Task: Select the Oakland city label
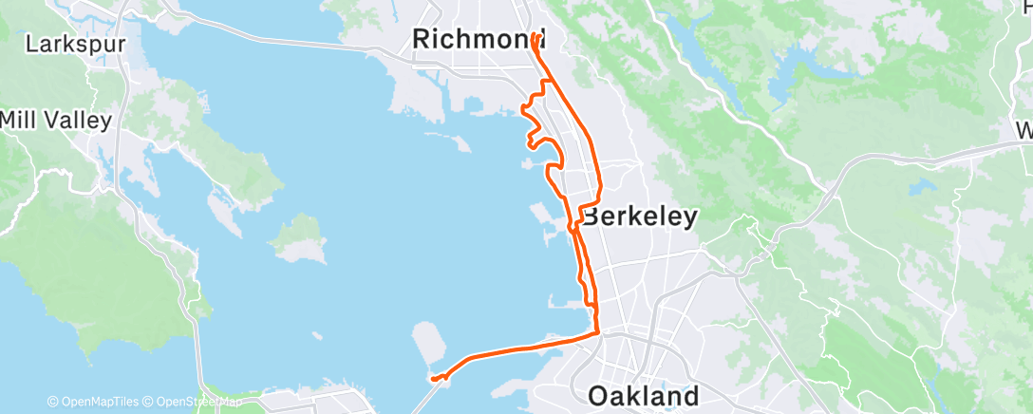point(644,394)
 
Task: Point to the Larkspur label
point(69,44)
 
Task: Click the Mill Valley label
point(56,120)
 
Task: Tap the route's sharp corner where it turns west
point(596,332)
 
